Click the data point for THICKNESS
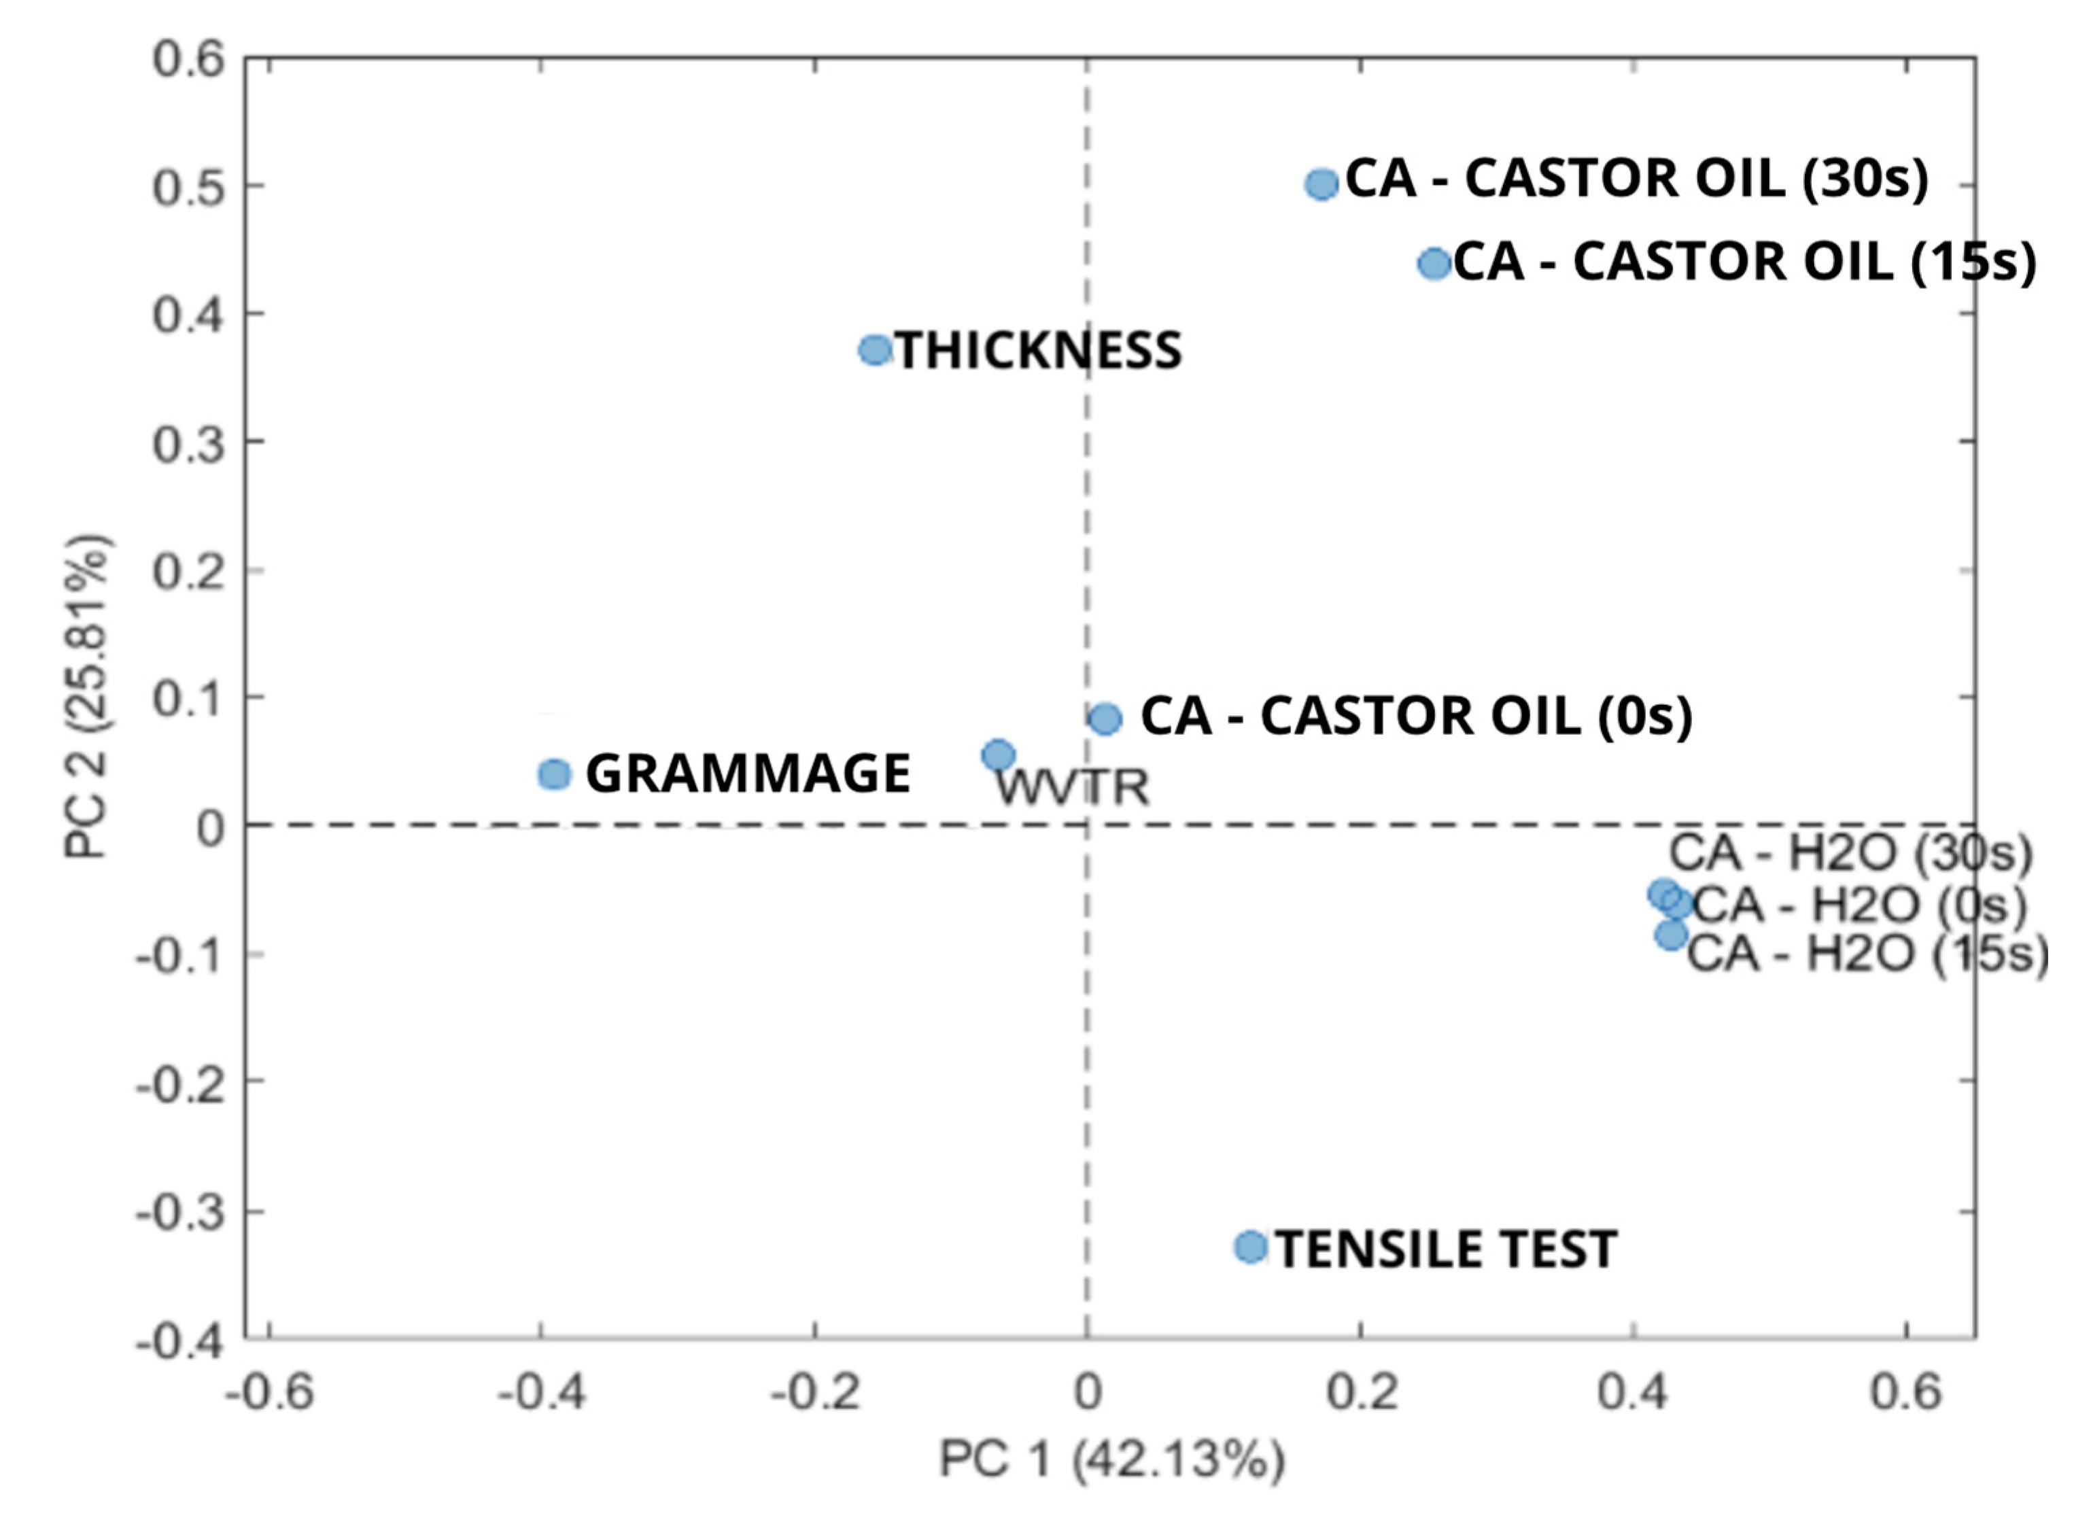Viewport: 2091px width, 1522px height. point(875,350)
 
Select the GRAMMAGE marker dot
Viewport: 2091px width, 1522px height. point(554,774)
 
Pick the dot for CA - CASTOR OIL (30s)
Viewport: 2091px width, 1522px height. point(1321,184)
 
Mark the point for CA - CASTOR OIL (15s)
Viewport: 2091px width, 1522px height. point(1434,264)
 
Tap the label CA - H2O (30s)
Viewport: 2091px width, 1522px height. point(1850,854)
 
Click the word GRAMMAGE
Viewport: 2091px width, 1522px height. point(748,774)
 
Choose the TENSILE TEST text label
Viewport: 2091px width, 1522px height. point(1446,1250)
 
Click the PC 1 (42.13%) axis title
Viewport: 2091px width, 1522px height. point(1111,1461)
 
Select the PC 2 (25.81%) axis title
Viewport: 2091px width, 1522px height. point(88,696)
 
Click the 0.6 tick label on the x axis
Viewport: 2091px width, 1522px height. point(1905,1393)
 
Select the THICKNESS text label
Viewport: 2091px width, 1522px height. point(1039,351)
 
